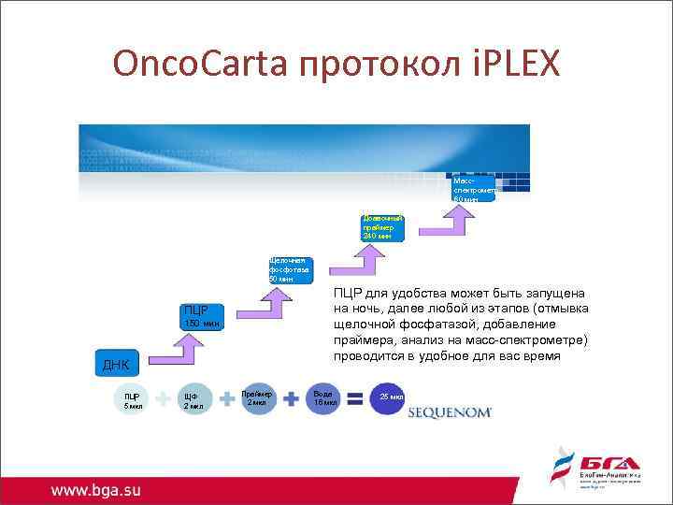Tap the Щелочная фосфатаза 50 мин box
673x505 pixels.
coord(290,269)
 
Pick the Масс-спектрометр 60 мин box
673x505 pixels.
coord(473,186)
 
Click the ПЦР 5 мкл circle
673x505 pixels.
coord(132,400)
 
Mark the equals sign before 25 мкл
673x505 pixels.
coord(355,399)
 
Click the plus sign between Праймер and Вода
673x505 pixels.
coord(291,399)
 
